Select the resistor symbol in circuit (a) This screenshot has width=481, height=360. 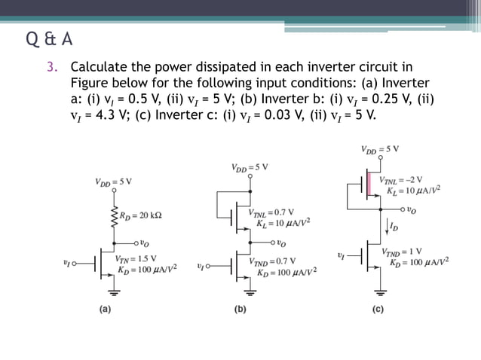click(x=114, y=215)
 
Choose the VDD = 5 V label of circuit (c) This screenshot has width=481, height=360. click(x=380, y=148)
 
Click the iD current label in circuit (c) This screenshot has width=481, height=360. click(x=391, y=225)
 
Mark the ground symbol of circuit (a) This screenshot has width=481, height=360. click(x=114, y=291)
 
